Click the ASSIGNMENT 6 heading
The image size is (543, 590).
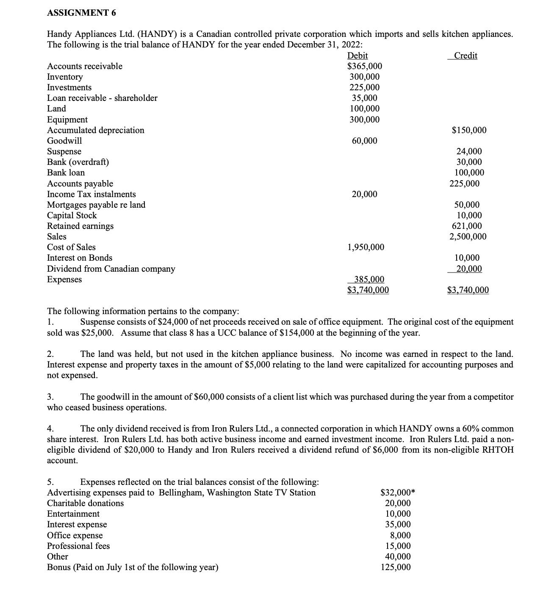pyautogui.click(x=81, y=13)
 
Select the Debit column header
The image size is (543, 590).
pyautogui.click(x=357, y=56)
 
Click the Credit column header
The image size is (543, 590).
pyautogui.click(x=465, y=56)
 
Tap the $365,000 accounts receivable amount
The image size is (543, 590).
pyautogui.click(x=364, y=66)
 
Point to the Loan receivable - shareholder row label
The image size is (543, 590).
pyautogui.click(x=102, y=98)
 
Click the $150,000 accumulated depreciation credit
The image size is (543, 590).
pyautogui.click(x=469, y=130)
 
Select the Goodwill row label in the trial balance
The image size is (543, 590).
pyautogui.click(x=64, y=141)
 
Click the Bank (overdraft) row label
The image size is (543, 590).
pyautogui.click(x=78, y=162)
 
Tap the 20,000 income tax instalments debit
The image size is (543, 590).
pyautogui.click(x=364, y=194)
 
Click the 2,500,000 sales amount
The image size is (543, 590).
pyautogui.click(x=468, y=237)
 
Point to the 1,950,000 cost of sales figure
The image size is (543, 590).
pyautogui.click(x=366, y=247)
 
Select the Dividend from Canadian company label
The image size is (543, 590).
pyautogui.click(x=111, y=269)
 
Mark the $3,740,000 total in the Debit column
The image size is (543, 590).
pyautogui.click(x=368, y=290)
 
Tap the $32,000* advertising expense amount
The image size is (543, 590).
pyautogui.click(x=397, y=493)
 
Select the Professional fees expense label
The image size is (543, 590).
pyautogui.click(x=78, y=546)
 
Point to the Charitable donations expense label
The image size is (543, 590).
pyautogui.click(x=85, y=503)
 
